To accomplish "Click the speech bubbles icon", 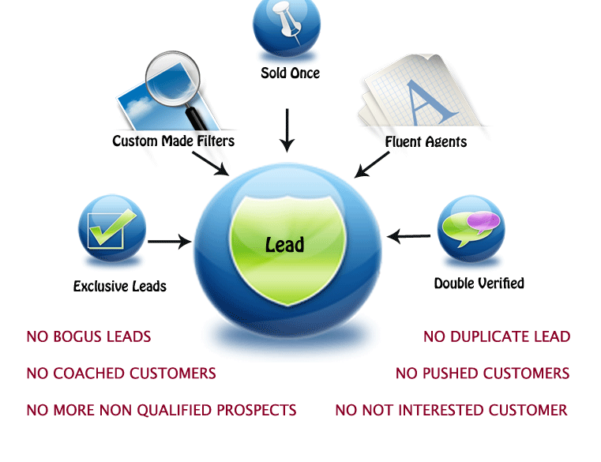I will click(x=471, y=227).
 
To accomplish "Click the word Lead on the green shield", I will click(x=284, y=245).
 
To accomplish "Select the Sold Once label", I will click(x=290, y=73).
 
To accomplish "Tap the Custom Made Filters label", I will click(x=173, y=141).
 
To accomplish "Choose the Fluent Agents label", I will click(x=426, y=142).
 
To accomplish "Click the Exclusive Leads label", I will click(x=119, y=286).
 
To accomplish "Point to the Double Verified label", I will click(x=479, y=283).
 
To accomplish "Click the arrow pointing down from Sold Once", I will click(x=287, y=130).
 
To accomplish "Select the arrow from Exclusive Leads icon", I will click(x=170, y=242).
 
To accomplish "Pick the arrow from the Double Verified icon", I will click(x=409, y=236).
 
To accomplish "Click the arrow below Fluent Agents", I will click(x=372, y=163).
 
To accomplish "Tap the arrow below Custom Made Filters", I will click(x=209, y=162).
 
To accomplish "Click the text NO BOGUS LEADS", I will click(x=88, y=337).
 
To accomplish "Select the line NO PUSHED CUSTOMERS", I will click(x=482, y=374).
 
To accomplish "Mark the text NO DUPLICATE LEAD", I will click(x=496, y=337).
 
